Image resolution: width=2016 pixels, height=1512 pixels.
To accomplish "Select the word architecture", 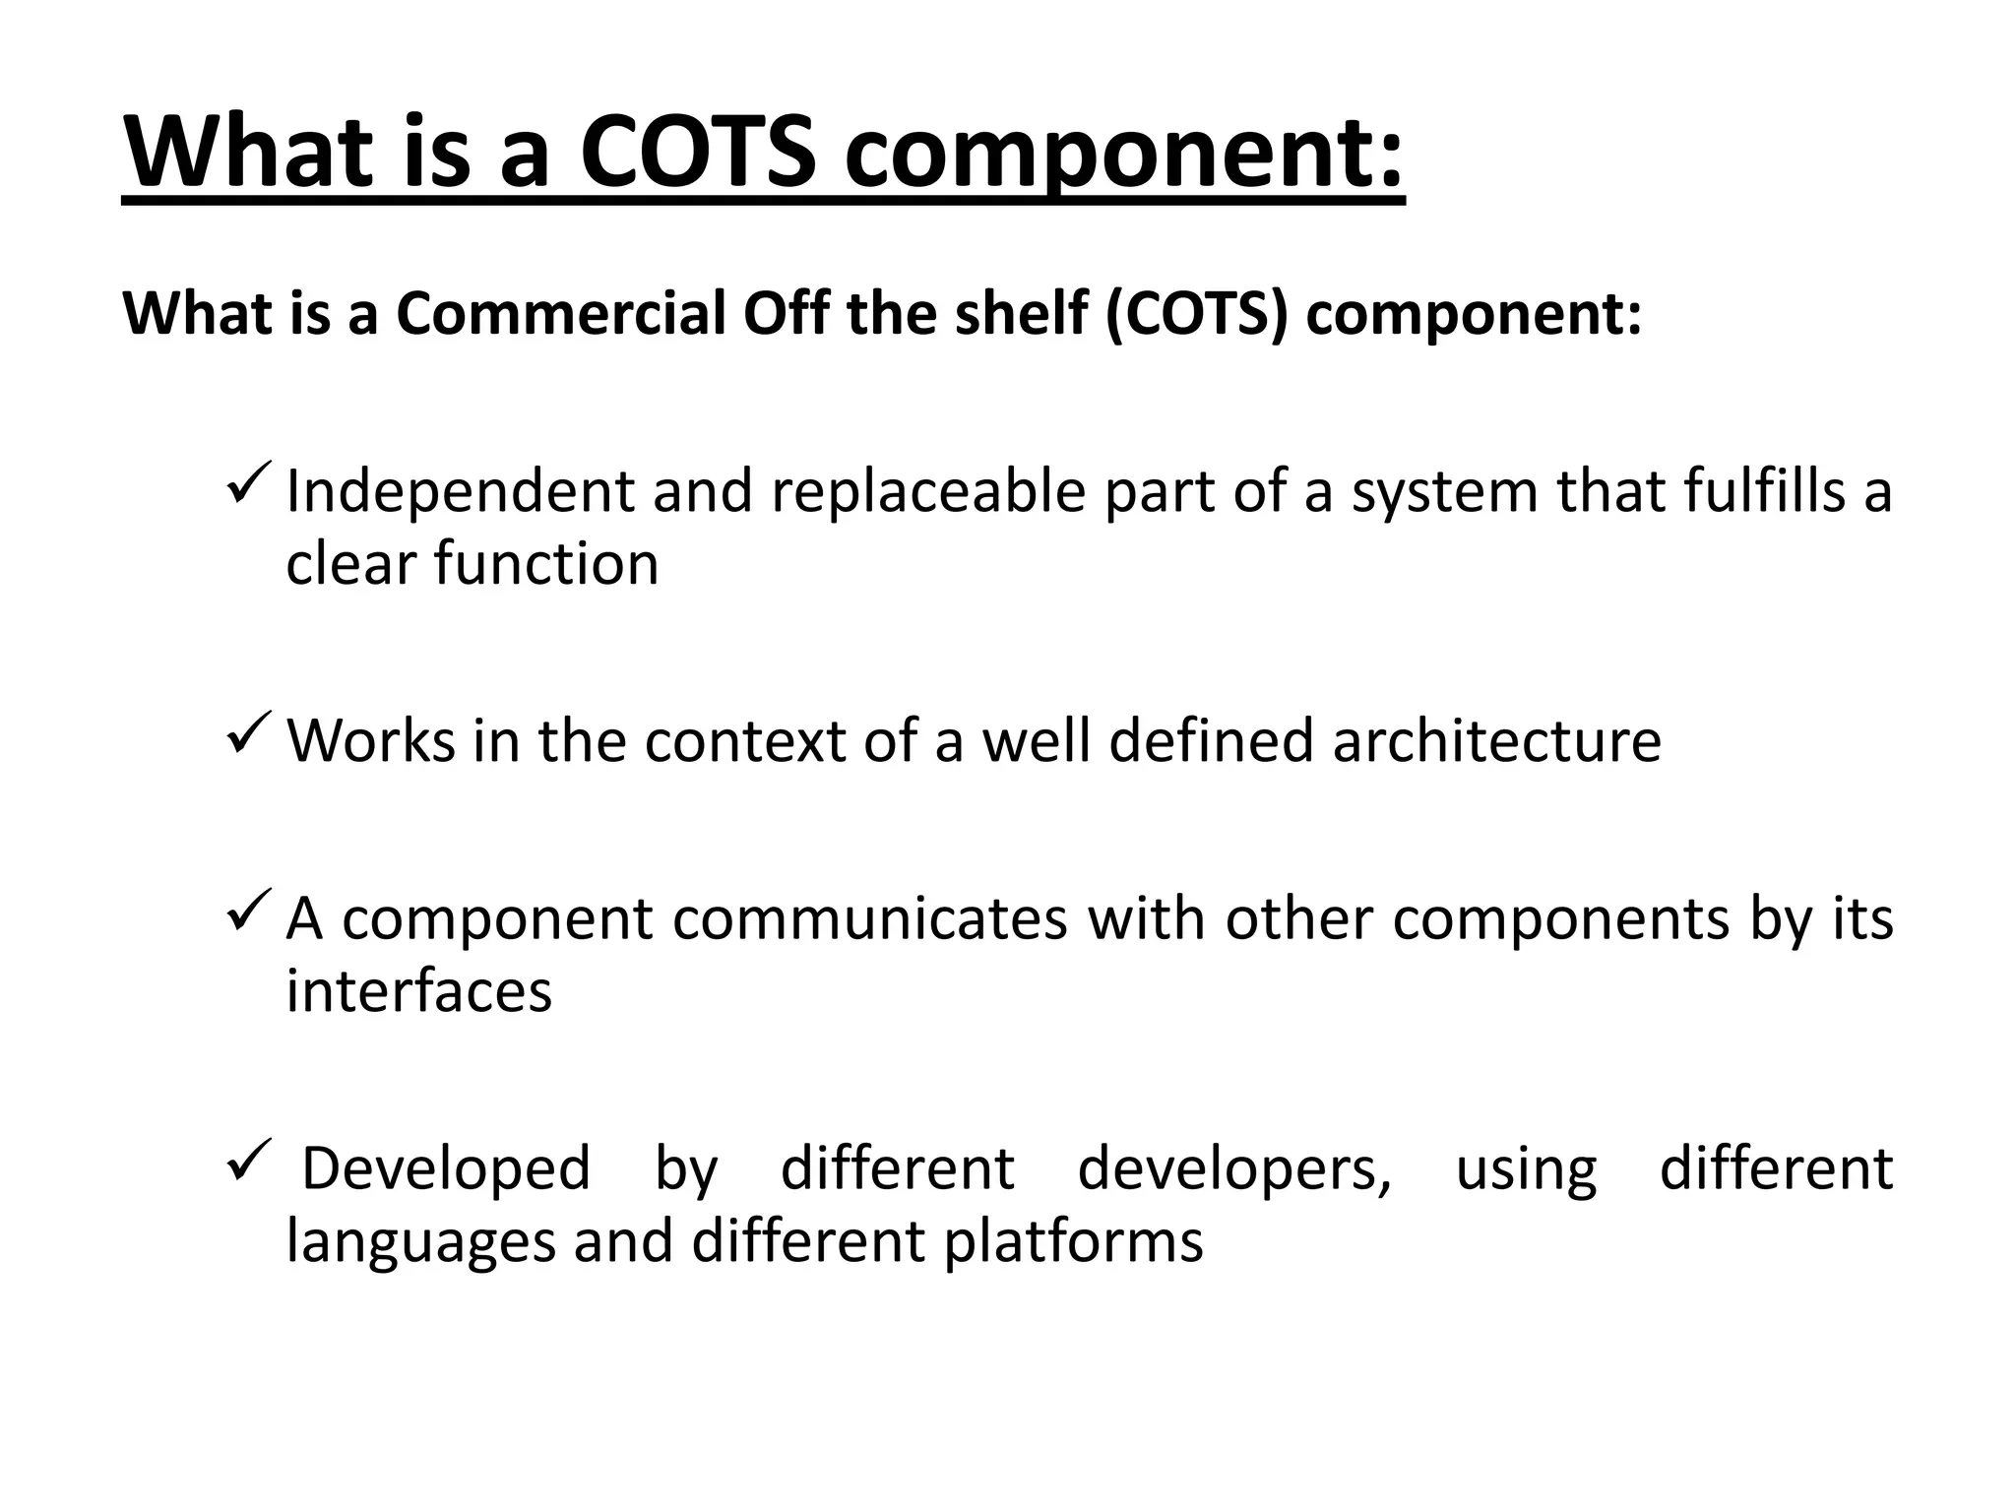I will (1496, 740).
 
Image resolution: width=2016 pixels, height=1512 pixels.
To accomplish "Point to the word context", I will (744, 740).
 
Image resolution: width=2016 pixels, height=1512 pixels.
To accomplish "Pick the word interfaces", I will (419, 990).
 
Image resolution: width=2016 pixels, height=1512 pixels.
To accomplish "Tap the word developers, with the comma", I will (1234, 1168).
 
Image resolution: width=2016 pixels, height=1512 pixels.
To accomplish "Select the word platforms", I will (1073, 1242).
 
